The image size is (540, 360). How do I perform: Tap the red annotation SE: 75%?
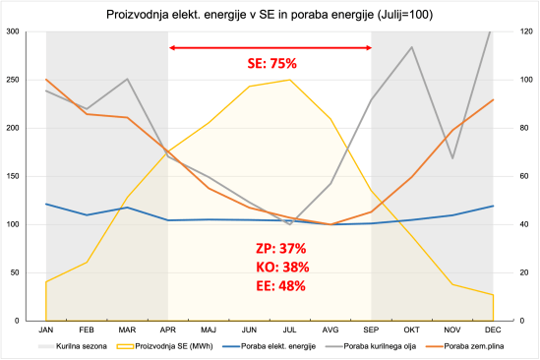270,64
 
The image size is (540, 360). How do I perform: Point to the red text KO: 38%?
281,267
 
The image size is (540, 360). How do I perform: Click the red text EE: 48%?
281,286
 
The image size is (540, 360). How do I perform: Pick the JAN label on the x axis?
45,330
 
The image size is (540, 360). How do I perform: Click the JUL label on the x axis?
289,330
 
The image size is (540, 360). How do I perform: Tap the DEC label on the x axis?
493,330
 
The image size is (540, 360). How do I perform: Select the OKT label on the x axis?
411,330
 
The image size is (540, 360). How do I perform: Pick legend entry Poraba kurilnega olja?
371,347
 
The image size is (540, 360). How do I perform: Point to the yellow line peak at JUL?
289,80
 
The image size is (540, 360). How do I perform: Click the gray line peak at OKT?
411,46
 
